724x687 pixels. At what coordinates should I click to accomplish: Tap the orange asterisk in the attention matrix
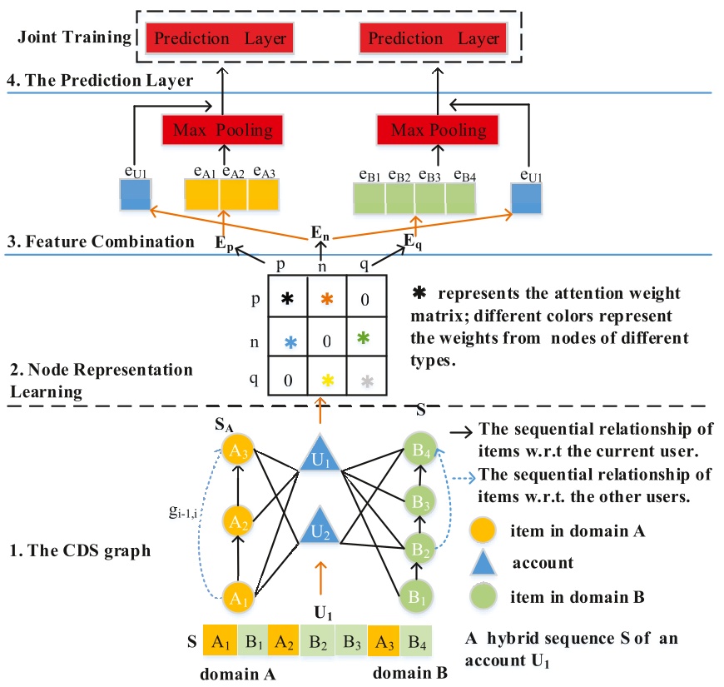[x=328, y=297]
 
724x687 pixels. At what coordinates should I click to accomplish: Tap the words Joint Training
[x=68, y=37]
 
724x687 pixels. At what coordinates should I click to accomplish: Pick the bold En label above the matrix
[x=321, y=232]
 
